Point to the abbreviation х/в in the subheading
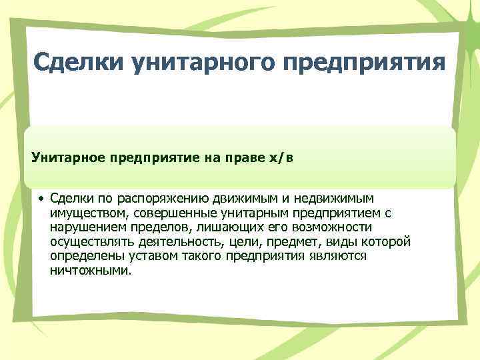point(279,158)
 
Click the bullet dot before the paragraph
point(41,199)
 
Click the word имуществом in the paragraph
point(89,213)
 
